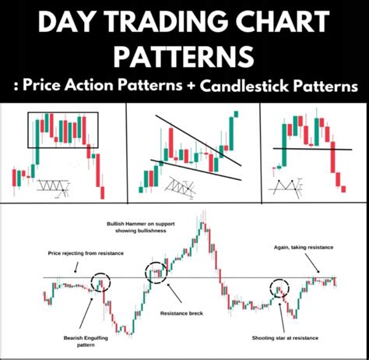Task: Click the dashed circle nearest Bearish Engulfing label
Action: coord(100,284)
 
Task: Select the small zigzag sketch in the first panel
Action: coord(51,187)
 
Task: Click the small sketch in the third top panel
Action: coord(285,187)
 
